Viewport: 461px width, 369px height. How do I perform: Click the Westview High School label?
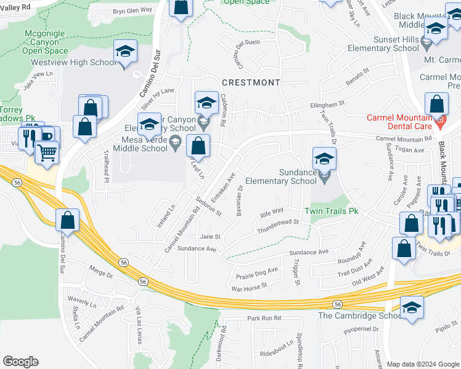[81, 62]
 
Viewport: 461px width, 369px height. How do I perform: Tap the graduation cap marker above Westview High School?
[125, 52]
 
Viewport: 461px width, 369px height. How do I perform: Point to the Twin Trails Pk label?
[336, 210]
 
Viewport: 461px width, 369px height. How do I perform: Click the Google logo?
[20, 362]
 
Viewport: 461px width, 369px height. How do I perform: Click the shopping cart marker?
[47, 152]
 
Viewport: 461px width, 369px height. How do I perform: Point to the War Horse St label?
[248, 286]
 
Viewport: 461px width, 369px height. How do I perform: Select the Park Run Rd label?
[264, 318]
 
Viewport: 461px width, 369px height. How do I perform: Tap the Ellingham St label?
[326, 105]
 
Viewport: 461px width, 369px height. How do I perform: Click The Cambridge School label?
[360, 315]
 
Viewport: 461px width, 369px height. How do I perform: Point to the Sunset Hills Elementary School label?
[383, 43]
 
